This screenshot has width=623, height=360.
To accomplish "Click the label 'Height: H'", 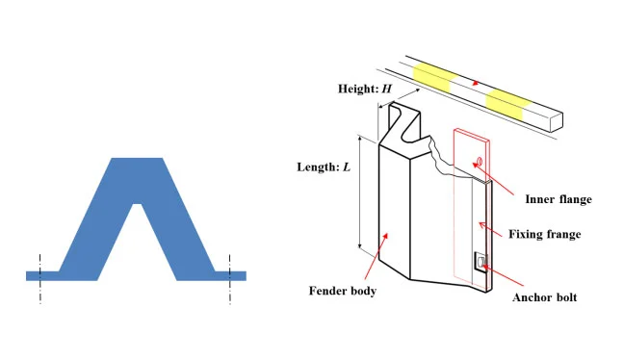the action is (365, 89).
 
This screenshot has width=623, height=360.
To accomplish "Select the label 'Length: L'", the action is (324, 167).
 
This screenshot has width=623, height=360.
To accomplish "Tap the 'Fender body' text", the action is (343, 291).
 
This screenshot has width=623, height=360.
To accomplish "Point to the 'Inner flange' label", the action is (558, 199).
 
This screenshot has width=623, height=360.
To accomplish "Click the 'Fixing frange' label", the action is (545, 234).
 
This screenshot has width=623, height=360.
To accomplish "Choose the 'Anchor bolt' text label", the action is (544, 297).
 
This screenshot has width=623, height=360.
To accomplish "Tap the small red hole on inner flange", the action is (480, 161).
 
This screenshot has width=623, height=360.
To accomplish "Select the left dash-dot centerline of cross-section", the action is (40, 279).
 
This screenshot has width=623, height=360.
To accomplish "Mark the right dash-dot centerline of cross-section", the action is (229, 279).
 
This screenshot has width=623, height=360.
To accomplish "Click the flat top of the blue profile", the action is (137, 159).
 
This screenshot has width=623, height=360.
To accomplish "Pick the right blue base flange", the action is (230, 275).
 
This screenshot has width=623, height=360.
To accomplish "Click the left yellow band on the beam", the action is (431, 76).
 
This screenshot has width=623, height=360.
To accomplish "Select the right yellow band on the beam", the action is (507, 103).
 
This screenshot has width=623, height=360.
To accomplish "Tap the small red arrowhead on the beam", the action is (474, 84).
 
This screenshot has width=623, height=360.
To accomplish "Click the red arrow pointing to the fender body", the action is (376, 255).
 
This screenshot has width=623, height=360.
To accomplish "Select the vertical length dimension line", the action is (360, 192).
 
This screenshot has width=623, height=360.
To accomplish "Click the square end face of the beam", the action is (556, 122).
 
